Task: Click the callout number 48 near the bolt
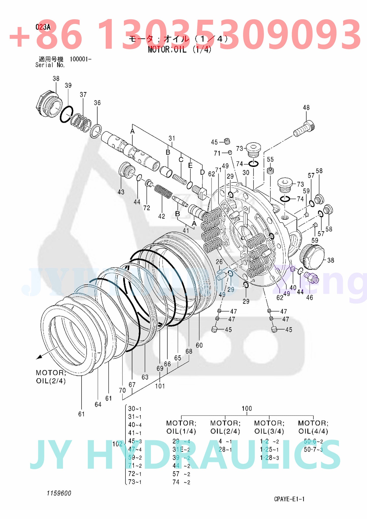306,107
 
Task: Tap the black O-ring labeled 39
67,114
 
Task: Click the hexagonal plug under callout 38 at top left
48,104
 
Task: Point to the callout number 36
97,103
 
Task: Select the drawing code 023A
43,27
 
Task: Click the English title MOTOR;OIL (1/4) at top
180,49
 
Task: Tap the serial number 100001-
80,59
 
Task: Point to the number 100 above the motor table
247,408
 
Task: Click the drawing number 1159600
59,493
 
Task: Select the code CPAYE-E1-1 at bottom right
289,499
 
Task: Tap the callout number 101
160,386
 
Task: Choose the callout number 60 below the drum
199,345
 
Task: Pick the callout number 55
270,160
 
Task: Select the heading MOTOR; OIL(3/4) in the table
269,427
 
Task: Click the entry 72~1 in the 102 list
135,474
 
